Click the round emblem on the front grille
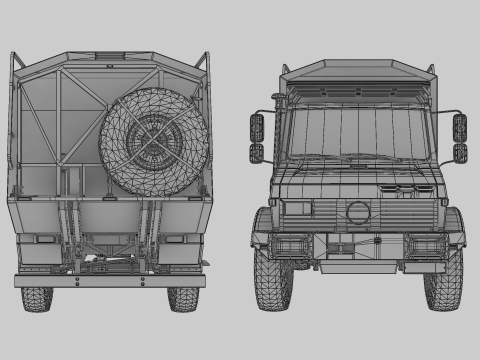357,213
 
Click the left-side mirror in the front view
257,138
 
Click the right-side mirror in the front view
460,138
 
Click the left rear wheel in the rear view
37,298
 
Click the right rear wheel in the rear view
183,298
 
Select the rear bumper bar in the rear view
110,281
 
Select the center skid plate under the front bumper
357,266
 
